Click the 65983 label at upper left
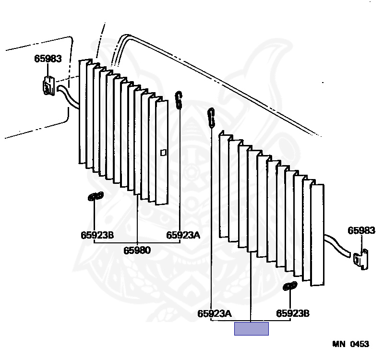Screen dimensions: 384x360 [48, 59]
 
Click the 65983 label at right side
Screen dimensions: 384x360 [361, 230]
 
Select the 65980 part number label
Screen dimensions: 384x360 [137, 250]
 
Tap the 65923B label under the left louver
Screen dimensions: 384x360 [97, 235]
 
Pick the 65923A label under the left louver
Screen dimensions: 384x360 [183, 235]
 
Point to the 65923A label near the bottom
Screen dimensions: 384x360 [214, 313]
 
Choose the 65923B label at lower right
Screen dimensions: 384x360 [293, 313]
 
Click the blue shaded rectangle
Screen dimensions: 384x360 [252, 329]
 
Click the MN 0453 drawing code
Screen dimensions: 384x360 [351, 344]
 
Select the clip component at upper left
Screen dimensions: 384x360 [49, 85]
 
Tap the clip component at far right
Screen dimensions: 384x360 [361, 259]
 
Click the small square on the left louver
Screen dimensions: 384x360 [163, 153]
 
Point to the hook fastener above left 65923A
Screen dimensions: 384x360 [179, 100]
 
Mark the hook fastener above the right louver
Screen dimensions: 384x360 [211, 118]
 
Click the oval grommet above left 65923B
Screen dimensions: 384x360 [96, 196]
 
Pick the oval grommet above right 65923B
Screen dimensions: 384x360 [290, 286]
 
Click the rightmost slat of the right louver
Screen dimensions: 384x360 [317, 235]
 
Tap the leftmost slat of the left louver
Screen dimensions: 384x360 [83, 111]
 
